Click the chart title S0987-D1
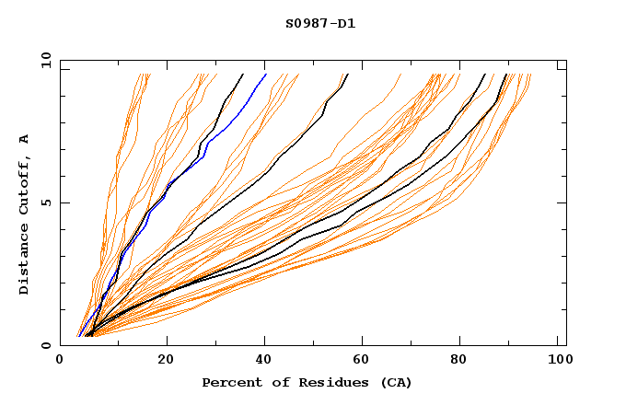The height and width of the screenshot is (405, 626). tap(319, 23)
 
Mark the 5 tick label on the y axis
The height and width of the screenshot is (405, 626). tap(45, 202)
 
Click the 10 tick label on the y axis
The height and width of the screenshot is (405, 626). tap(42, 61)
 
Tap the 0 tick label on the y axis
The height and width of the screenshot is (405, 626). tap(45, 345)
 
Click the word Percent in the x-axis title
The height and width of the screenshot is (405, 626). tap(228, 382)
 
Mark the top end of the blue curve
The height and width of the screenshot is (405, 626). tap(265, 75)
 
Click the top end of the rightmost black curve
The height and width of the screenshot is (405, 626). tap(506, 75)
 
